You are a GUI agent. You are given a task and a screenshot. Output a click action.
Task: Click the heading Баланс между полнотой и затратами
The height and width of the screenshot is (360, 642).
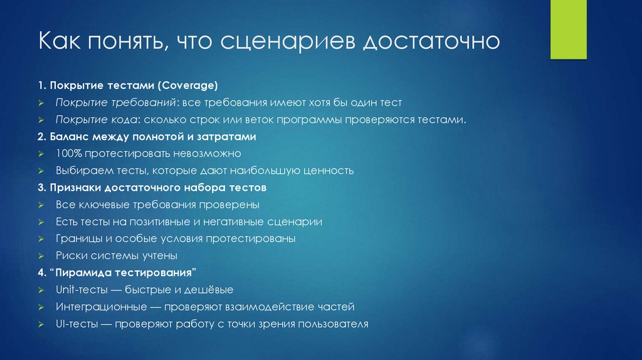click(x=152, y=136)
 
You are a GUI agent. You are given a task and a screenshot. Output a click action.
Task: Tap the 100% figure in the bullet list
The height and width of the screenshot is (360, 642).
click(x=67, y=153)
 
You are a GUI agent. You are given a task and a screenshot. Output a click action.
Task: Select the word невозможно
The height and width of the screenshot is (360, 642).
click(x=209, y=153)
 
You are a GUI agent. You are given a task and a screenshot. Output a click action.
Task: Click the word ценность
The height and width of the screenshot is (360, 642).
click(x=329, y=170)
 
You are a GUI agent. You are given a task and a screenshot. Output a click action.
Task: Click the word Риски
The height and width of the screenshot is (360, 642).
click(x=70, y=255)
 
